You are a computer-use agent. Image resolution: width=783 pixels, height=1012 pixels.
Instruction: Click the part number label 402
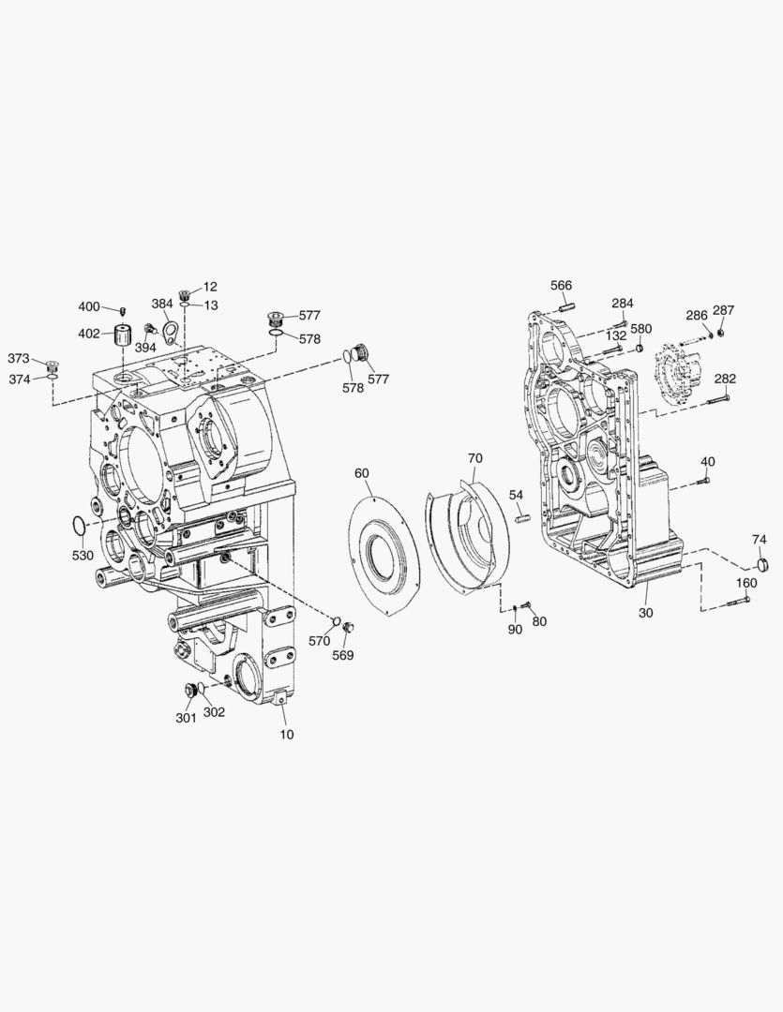[89, 334]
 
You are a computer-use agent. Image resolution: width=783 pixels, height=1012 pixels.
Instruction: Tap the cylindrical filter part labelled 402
[124, 335]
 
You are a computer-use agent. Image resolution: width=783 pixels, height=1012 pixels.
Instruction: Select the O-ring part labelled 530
[78, 526]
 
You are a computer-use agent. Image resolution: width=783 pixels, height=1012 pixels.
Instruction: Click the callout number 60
[362, 473]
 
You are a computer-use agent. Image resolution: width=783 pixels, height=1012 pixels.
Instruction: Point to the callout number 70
[474, 458]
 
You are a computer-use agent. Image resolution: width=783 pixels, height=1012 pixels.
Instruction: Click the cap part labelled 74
[762, 565]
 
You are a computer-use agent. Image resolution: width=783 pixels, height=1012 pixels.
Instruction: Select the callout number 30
[645, 613]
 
